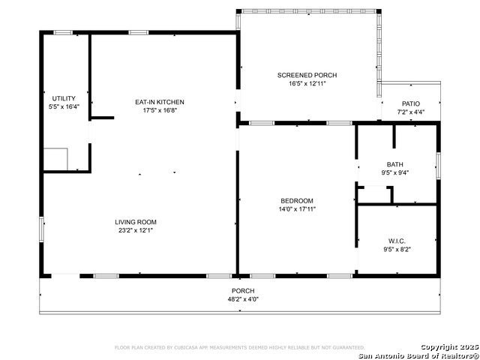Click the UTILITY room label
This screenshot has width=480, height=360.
[63, 99]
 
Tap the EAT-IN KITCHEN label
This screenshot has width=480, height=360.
[159, 102]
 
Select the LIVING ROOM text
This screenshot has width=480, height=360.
[135, 222]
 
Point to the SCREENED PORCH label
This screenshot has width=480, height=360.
[307, 75]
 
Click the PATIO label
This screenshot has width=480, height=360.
[410, 103]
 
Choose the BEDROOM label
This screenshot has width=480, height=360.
[297, 201]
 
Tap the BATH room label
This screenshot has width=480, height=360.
[394, 164]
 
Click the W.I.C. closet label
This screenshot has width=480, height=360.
[396, 241]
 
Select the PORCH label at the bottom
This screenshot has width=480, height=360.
[242, 291]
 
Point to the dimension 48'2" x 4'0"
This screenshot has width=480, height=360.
[242, 299]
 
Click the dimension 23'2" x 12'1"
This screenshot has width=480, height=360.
[135, 230]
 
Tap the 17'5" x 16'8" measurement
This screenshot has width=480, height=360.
[159, 110]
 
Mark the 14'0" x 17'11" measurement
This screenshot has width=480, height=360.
[297, 209]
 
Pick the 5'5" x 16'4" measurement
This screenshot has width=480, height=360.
[63, 107]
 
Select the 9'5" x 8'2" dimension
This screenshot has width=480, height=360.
[396, 249]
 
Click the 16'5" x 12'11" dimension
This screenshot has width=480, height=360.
[307, 83]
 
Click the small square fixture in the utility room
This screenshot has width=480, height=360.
[55, 159]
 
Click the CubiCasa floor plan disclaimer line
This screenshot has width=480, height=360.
[239, 348]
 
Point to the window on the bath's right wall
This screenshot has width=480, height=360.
[438, 164]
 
